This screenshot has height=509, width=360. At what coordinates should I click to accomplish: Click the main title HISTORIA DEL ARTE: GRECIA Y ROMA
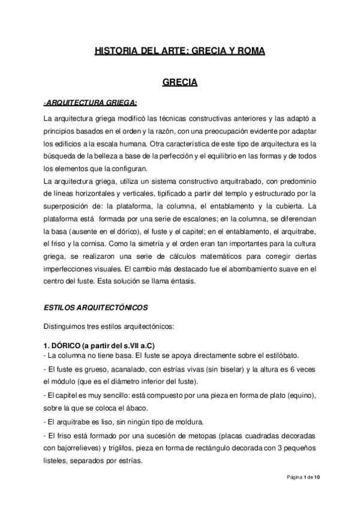coord(180,52)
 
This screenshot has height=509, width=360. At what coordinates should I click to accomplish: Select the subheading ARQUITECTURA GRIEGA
coord(91,102)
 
